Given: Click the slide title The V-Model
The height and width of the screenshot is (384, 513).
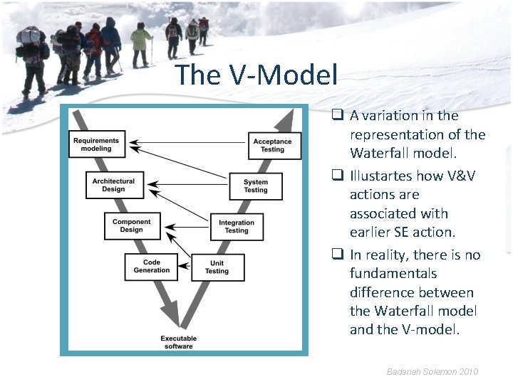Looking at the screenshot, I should click(256, 75).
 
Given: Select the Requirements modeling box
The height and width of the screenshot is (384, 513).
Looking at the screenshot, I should click(96, 144).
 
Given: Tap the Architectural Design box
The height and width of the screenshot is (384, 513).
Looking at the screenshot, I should click(113, 185).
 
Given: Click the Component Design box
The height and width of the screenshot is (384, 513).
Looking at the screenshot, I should click(132, 225).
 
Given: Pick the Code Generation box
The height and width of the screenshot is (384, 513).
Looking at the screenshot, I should click(151, 266).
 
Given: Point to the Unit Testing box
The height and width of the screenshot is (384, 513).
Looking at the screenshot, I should click(217, 267).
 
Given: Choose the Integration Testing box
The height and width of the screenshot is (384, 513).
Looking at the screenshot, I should click(237, 226).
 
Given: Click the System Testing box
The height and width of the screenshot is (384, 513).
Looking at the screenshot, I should click(256, 186).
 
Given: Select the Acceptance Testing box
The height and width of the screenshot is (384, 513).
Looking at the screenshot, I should click(274, 145).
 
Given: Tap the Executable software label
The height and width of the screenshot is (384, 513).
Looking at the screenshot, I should click(179, 342).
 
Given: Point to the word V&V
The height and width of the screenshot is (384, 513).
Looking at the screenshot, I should click(462, 175).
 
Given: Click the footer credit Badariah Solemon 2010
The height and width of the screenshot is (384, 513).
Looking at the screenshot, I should click(432, 371).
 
